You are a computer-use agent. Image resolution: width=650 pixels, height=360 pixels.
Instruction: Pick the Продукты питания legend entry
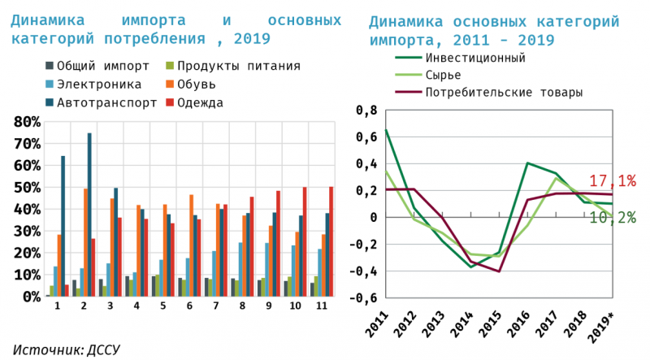pos(239,66)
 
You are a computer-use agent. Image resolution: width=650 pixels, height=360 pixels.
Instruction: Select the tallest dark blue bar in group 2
pos(89,215)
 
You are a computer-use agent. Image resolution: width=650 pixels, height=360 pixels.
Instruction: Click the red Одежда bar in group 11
pos(331,241)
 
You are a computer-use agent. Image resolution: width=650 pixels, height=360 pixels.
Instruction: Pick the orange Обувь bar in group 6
pos(191,245)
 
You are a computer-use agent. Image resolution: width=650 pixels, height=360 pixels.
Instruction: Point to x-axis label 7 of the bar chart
pos(215,307)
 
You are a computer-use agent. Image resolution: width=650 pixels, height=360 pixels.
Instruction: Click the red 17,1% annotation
pos(612,180)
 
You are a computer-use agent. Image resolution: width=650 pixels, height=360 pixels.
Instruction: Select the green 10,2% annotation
pos(612,217)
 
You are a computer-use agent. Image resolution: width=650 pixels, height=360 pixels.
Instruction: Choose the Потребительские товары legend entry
pos(503,93)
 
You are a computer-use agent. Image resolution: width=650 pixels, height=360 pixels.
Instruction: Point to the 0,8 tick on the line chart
pos(367,110)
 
